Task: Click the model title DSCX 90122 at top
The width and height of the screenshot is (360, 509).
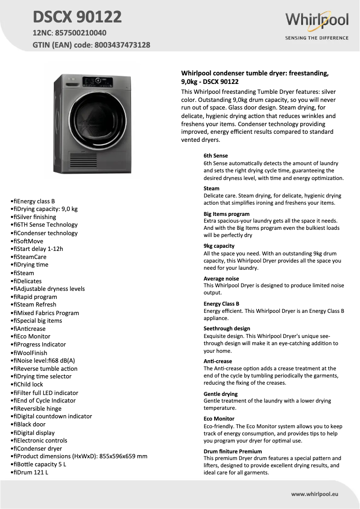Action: (77, 17)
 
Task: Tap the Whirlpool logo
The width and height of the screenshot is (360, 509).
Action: (317, 20)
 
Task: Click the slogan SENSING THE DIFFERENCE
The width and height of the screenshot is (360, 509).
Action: (317, 38)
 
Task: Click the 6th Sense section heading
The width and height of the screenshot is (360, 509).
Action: (215, 156)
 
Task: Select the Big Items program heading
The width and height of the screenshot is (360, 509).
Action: (226, 214)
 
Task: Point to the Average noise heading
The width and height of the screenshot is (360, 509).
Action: (221, 279)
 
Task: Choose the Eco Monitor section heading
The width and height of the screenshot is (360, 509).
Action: (219, 419)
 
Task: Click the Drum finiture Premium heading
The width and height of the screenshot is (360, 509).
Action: (233, 452)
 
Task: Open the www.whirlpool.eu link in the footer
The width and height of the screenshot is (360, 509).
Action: (314, 494)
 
